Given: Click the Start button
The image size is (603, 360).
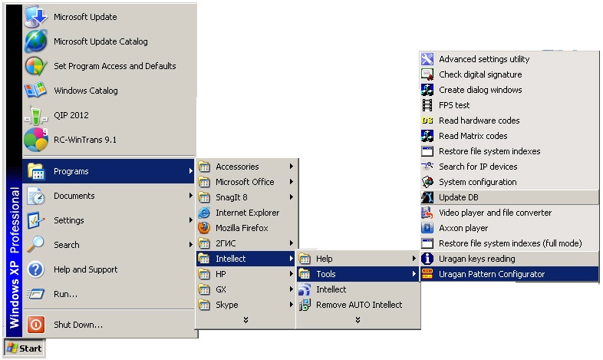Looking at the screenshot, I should coord(25,348).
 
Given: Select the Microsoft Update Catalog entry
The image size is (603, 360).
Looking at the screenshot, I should coord(100,41).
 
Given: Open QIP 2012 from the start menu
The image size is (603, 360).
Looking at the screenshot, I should coord(71,115).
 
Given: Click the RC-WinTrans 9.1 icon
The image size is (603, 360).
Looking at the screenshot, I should coord(36,140).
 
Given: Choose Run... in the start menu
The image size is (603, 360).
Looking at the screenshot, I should coord(65,294).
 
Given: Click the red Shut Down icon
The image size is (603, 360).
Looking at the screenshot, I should coord(36,325).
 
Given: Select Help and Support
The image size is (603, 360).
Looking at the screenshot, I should coord(85,269).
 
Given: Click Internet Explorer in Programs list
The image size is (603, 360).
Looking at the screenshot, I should coord(247,213).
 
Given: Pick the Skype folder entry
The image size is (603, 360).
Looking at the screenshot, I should coord(226,305).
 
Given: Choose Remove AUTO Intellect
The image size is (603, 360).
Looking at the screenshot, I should coord(359,305).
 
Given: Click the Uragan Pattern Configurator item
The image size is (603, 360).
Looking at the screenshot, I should coord(492,274).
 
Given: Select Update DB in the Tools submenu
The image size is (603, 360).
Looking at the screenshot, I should coord(458,197).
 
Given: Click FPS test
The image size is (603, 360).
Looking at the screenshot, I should coord(454,105).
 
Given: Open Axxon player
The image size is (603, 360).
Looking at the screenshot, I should coord(463,228).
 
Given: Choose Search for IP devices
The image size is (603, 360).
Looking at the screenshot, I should coord(478,167).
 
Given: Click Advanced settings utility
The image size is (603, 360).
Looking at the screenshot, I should coord(483,59).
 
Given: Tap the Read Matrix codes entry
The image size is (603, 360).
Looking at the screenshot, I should coord(473,136).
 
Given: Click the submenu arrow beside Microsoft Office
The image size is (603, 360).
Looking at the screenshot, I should coord(292,182).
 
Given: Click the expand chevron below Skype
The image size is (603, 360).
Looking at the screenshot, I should coord(246,319).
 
